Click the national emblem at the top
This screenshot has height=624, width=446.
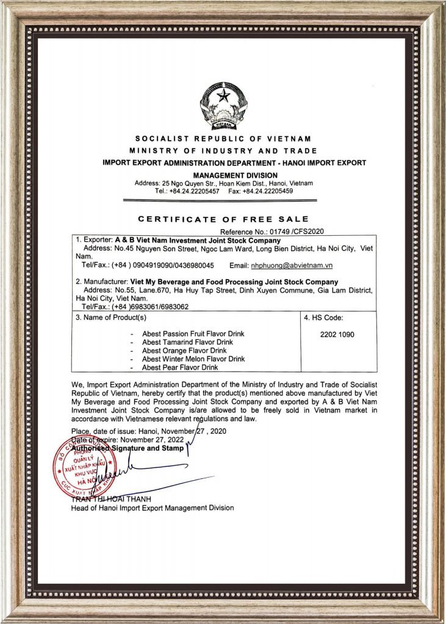[223, 105]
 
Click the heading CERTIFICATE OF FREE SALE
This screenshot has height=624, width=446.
[223, 219]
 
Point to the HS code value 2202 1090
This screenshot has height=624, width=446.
[337, 335]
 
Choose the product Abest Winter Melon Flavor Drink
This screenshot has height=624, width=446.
[193, 359]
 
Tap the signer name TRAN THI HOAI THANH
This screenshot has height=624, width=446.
[107, 500]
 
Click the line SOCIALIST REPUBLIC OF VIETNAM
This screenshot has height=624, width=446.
[223, 139]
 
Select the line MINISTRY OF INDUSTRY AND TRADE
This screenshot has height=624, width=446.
[223, 151]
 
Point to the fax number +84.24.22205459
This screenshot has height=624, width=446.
[268, 191]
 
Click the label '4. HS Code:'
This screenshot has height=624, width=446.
[323, 317]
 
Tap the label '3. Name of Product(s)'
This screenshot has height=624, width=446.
[110, 317]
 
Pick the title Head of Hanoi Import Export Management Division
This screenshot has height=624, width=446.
[153, 508]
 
